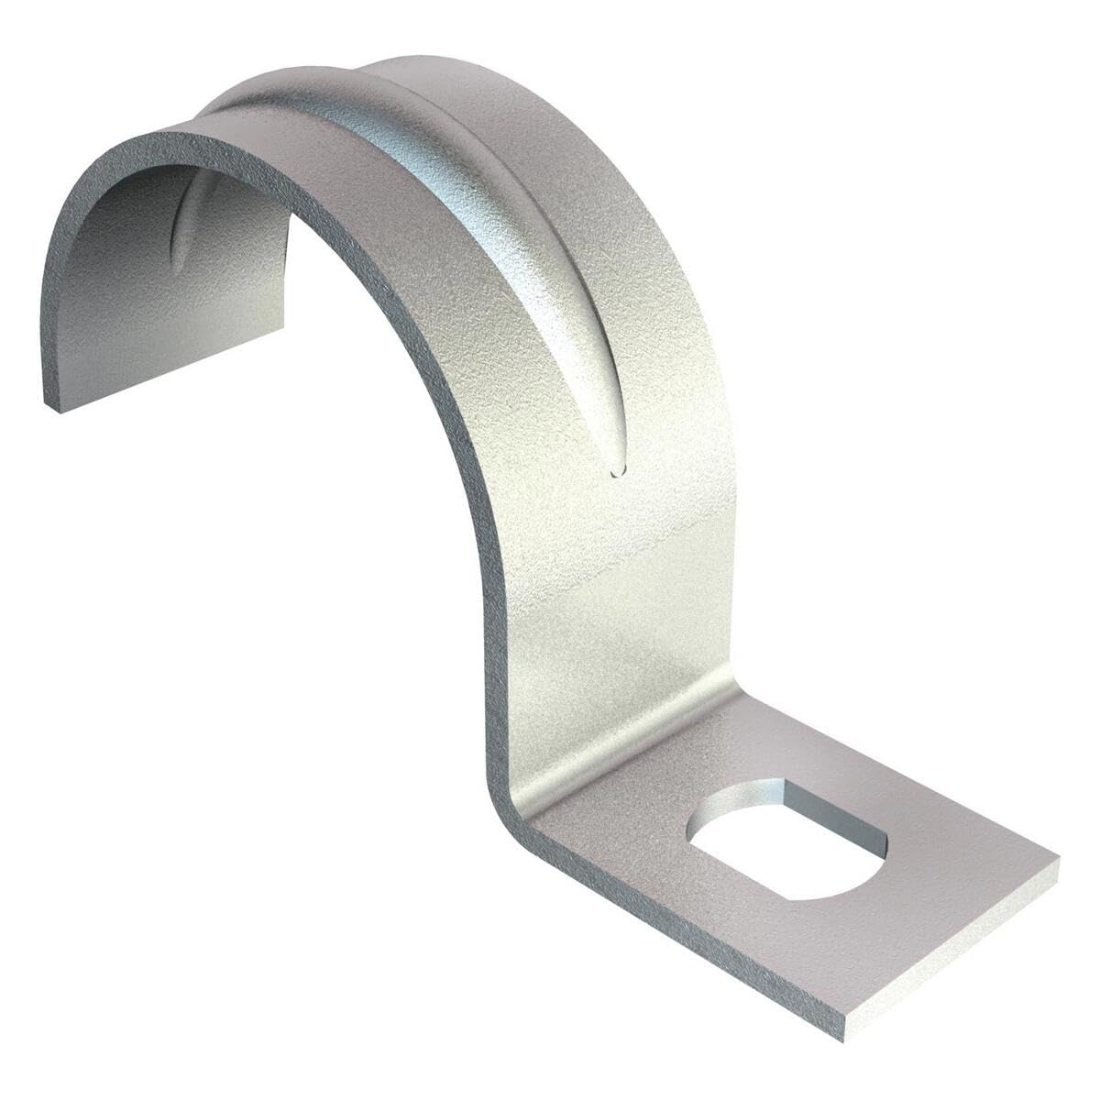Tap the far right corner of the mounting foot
[1057, 862]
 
